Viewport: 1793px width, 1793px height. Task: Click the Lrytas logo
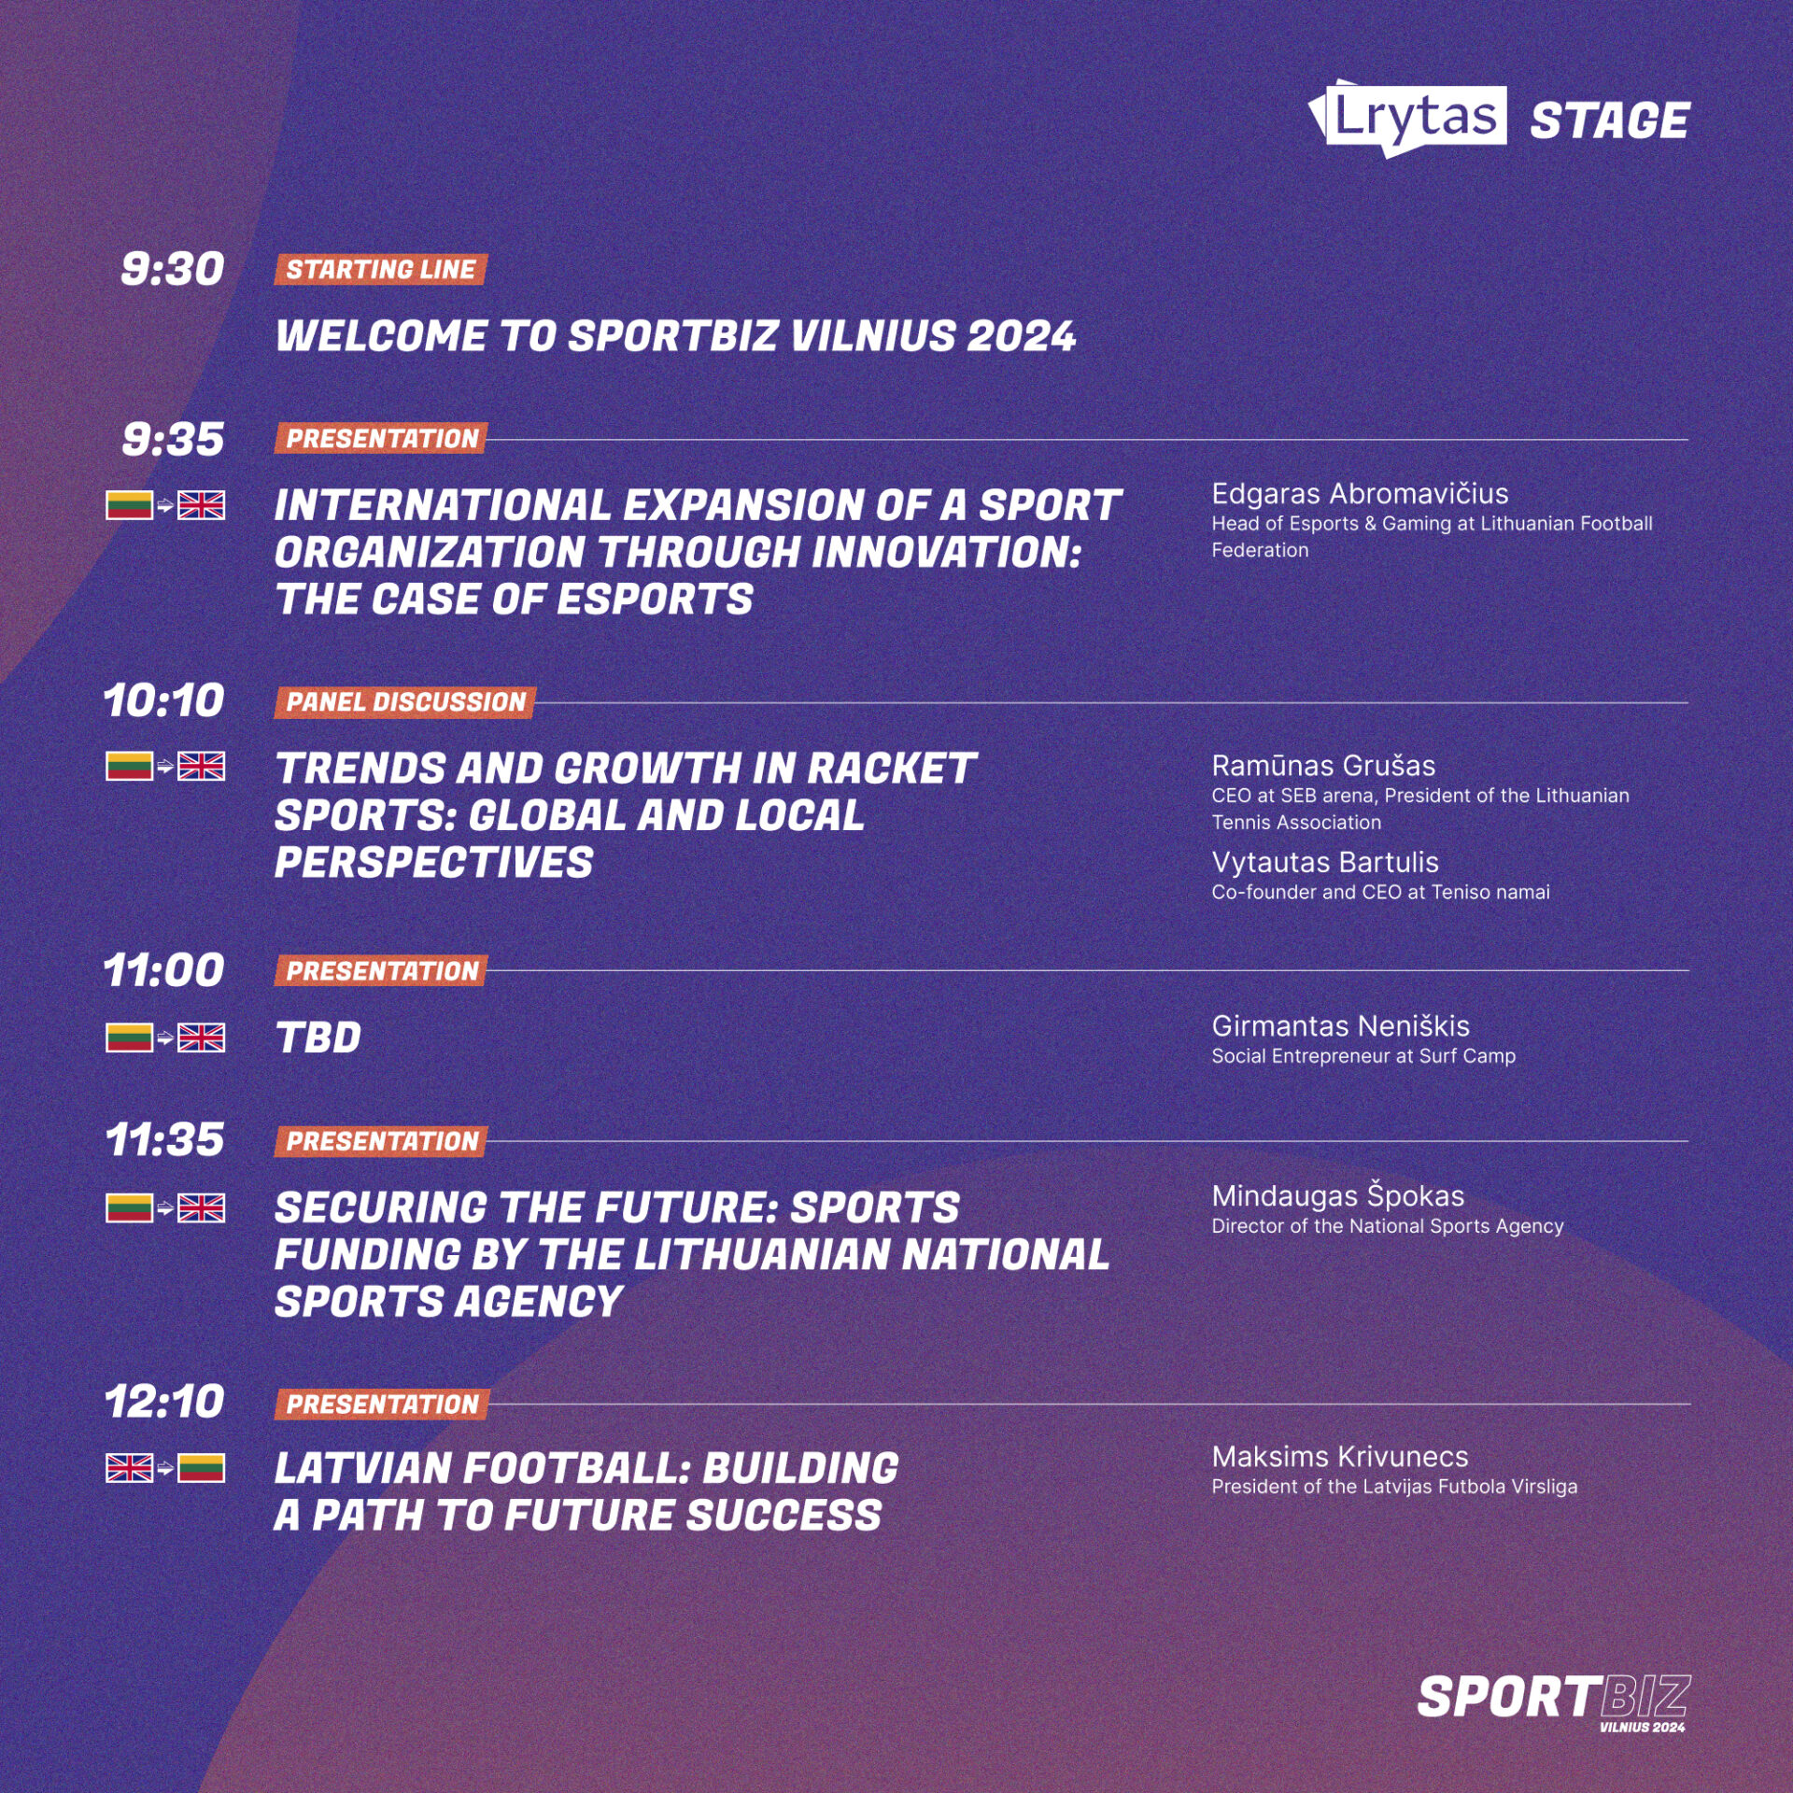[1408, 118]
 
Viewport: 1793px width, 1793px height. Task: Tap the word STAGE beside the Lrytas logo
[1610, 121]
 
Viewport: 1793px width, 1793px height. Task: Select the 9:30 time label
[173, 269]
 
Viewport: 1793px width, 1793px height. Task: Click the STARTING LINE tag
[381, 269]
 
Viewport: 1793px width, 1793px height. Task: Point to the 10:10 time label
[164, 700]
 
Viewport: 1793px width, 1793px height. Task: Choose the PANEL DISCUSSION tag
[405, 702]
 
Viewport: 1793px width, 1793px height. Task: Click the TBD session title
[318, 1038]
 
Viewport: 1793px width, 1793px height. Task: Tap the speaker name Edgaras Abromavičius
[1360, 493]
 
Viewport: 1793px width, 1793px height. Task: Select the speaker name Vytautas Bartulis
[1325, 862]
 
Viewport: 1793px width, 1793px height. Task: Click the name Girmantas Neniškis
[1341, 1026]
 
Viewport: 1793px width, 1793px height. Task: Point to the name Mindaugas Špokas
[1338, 1195]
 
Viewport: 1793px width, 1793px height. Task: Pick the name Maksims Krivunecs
[1340, 1457]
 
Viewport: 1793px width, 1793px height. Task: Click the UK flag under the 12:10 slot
[129, 1468]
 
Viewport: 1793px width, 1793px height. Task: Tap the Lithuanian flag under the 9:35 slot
[129, 505]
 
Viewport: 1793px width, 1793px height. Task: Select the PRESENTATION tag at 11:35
[381, 1141]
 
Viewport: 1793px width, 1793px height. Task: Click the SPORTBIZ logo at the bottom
[1554, 1701]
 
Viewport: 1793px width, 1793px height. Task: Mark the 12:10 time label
[164, 1402]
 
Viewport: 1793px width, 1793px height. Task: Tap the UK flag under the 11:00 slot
[201, 1038]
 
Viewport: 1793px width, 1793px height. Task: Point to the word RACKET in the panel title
[891, 769]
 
